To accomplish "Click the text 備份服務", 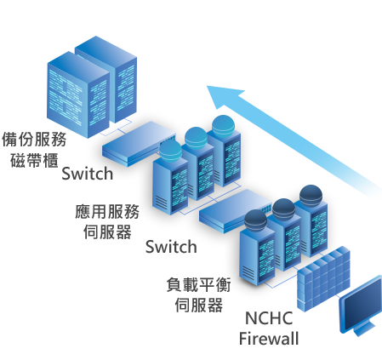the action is point(34,139).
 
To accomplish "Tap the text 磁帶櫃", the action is point(34,160).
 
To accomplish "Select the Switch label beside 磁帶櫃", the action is point(88,174).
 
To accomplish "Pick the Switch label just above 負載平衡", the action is point(171,247).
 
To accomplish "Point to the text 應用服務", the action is point(107,212).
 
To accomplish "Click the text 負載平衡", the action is point(198,284).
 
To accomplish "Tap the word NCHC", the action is point(269,318).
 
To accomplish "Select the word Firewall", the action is point(269,339).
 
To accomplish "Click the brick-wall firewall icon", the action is point(323,279).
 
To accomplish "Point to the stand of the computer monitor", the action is point(363,329).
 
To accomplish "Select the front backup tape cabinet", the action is point(78,95).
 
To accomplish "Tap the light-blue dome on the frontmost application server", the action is point(170,151).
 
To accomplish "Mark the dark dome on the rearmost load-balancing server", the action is point(311,196).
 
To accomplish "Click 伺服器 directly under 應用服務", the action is point(107,232).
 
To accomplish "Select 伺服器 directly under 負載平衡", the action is point(198,305).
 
